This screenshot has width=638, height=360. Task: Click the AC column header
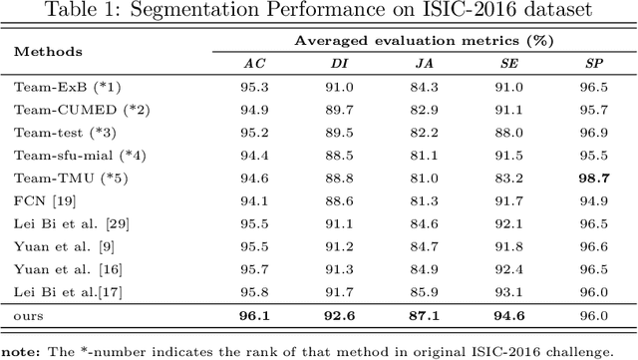pos(255,62)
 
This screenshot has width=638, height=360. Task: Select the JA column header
pos(424,62)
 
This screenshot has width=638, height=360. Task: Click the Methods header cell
pos(48,51)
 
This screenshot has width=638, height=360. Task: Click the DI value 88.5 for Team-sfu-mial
pos(340,155)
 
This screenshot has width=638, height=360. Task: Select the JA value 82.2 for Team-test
pos(424,132)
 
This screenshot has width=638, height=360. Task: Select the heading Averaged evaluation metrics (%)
pos(424,41)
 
